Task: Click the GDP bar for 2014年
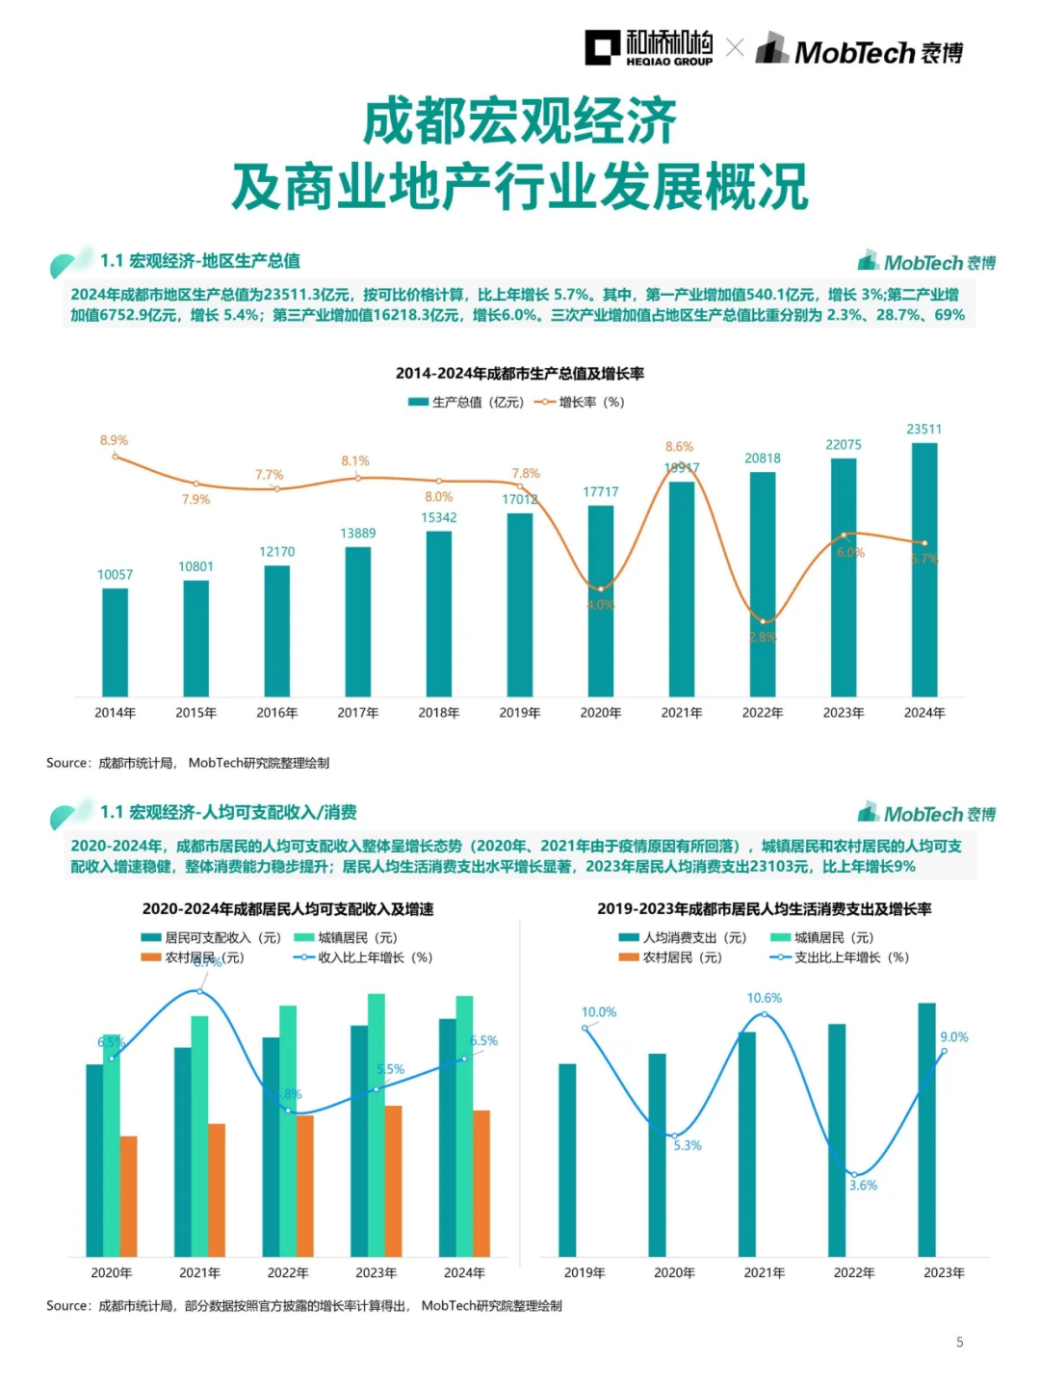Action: (115, 641)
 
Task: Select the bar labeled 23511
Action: (923, 568)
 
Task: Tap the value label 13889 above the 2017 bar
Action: (357, 534)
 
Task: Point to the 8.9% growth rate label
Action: (114, 440)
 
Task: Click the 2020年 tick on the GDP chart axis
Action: (600, 713)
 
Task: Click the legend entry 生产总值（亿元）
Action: (466, 403)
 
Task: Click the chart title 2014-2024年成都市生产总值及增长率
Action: (519, 374)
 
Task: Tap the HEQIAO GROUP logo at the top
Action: (649, 48)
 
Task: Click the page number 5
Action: (959, 1342)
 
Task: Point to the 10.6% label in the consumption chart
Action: (764, 998)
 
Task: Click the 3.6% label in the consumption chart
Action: (863, 1186)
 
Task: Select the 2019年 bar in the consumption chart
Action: (567, 1160)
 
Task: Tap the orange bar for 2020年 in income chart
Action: (128, 1196)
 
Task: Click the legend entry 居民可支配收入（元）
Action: (211, 937)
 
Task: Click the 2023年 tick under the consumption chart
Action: (943, 1272)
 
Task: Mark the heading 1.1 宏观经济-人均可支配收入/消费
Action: (228, 812)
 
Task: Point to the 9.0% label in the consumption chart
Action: (953, 1037)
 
